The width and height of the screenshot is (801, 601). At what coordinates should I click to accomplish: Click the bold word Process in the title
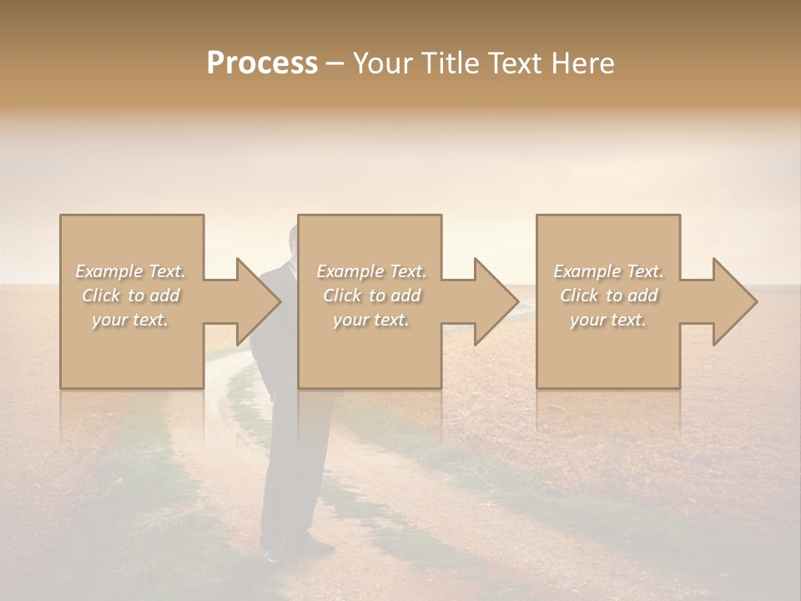click(x=262, y=63)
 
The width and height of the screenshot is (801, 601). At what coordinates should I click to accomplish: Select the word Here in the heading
click(x=582, y=63)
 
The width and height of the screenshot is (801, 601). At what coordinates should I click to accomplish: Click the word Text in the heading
click(x=514, y=63)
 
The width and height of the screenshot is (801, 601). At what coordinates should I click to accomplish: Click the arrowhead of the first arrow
click(x=259, y=301)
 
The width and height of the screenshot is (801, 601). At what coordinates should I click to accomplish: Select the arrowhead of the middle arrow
click(x=497, y=301)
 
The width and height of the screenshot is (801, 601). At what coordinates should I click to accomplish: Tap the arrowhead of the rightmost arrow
click(x=736, y=301)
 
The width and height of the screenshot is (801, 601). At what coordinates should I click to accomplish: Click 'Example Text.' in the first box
click(x=130, y=271)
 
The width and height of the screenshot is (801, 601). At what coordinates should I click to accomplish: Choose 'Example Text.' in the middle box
click(x=371, y=271)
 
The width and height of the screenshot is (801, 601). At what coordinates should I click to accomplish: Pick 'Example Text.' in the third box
click(x=608, y=271)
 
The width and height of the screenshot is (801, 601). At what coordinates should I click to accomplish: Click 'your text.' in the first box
click(x=130, y=320)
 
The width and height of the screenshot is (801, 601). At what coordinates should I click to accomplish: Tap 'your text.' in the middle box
click(x=371, y=320)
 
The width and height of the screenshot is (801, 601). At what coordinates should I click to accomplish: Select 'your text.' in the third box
click(x=608, y=320)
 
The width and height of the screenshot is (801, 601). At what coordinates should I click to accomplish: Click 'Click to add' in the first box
click(x=130, y=295)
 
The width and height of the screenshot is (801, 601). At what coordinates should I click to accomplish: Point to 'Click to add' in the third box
click(x=608, y=295)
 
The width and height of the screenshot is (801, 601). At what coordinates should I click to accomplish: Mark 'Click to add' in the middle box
click(x=371, y=295)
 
